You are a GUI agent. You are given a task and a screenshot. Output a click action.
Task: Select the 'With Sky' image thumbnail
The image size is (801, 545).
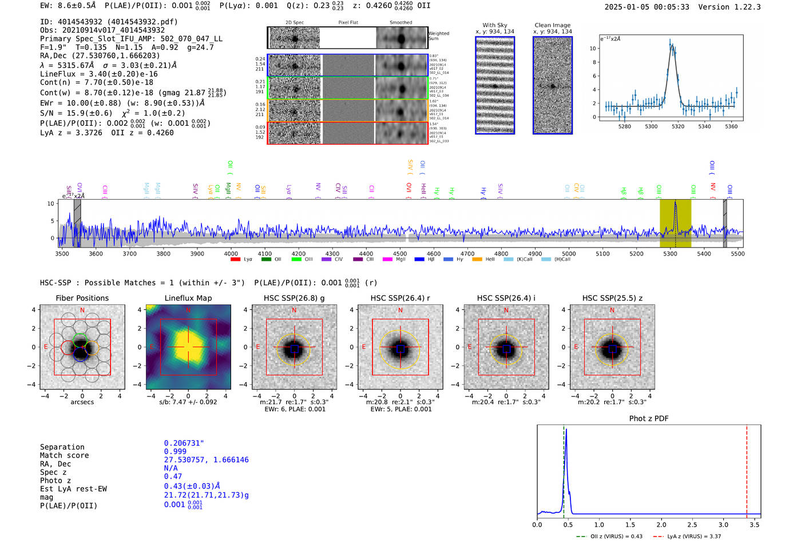495,85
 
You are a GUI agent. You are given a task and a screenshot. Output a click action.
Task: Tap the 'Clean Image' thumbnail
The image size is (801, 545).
553,85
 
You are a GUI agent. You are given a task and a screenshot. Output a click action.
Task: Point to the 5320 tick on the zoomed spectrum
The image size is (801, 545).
678,126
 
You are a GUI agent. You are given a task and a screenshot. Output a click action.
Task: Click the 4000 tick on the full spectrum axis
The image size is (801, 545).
231,253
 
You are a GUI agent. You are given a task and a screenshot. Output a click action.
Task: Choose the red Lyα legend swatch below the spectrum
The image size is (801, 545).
235,260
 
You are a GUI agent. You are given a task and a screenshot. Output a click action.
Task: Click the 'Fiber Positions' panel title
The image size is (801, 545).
82,298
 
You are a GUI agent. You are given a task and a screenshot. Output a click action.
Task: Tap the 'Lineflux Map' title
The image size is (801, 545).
188,298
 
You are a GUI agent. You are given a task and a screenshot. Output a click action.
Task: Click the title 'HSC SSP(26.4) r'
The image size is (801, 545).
400,298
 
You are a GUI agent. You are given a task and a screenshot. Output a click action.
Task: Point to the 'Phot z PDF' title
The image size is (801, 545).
648,419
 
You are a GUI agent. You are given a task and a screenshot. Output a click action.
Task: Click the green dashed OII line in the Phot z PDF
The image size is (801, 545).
564,469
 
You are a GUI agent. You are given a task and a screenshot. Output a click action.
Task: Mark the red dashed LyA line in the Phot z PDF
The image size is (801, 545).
747,469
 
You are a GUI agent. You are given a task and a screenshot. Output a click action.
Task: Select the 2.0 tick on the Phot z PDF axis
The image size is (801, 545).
661,524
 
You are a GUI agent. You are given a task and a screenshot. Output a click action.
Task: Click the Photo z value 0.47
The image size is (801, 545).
173,476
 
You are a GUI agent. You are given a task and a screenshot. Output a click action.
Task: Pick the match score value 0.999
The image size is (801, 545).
175,451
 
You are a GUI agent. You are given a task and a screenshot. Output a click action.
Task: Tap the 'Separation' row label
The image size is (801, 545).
62,447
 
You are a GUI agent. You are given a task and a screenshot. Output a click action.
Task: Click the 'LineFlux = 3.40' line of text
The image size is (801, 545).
98,74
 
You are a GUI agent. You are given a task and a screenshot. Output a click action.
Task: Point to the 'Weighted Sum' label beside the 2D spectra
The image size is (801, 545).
438,36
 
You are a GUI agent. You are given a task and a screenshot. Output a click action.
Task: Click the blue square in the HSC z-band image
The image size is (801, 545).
612,349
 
